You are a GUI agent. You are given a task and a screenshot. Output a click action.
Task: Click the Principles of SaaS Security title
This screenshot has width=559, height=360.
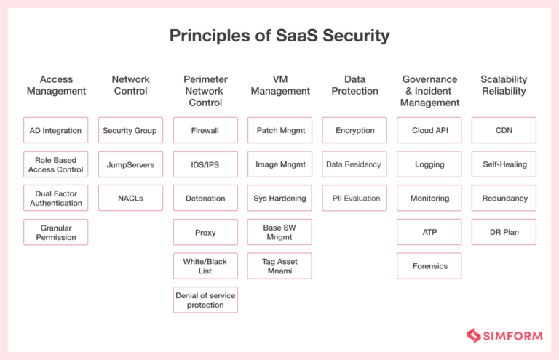coord(279,36)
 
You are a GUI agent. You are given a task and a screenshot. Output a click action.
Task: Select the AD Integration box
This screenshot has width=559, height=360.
coord(56,131)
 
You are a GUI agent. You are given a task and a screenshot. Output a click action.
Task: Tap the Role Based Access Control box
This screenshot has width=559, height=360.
coord(56,164)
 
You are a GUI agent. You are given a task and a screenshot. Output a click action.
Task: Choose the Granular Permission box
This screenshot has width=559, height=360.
coord(56,233)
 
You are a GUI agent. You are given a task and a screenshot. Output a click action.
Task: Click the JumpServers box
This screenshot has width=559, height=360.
coord(131,164)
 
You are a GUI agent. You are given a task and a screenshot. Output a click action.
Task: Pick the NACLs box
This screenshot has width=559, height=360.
coord(131,198)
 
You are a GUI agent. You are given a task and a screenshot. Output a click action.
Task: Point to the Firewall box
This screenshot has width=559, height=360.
coord(205,131)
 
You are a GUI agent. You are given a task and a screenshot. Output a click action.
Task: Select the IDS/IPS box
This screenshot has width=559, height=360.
coord(205,164)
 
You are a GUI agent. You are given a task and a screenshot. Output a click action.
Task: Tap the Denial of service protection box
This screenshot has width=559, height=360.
coord(205,300)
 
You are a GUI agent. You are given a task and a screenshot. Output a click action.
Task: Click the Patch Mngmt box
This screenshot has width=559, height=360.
coord(280,131)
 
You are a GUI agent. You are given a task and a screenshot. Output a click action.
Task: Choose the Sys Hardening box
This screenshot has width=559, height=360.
coord(280,198)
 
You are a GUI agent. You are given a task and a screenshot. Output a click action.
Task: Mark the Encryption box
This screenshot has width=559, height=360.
coord(355,131)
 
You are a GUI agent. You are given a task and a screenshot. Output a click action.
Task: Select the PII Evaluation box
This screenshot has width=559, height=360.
coord(355,198)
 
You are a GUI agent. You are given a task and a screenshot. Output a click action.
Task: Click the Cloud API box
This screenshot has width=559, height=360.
coord(429,131)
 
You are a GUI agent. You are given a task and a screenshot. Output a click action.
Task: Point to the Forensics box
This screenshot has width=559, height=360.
coord(429,266)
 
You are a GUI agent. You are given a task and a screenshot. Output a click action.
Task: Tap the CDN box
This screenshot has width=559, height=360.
coord(504,131)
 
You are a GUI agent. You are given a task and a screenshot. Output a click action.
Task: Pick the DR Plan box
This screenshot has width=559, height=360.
coord(504,233)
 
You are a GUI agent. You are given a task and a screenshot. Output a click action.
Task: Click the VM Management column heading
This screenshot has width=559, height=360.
coord(280,85)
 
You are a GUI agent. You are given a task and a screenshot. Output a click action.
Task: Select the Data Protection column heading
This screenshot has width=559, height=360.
coord(355,85)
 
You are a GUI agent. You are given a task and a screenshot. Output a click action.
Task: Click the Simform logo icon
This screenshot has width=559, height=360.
coord(475,335)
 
